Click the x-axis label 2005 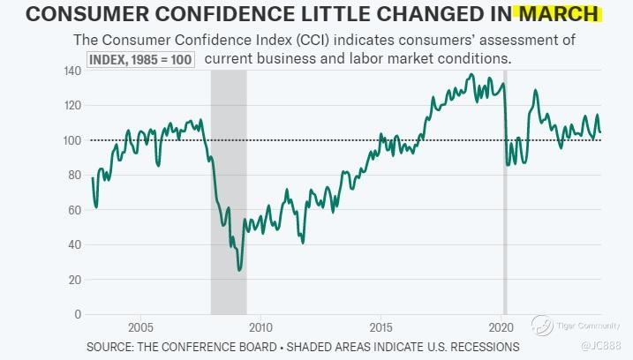coord(139,325)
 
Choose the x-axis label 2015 coord(381,325)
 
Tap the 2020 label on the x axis coord(501,325)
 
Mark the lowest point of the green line coord(239,270)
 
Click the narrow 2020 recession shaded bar coord(505,221)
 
